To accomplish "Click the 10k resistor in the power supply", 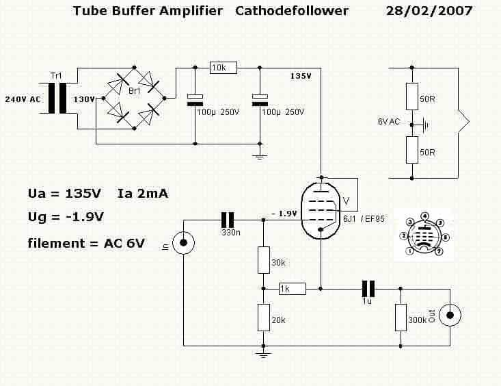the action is pos(224,68).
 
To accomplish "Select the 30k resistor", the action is pos(264,260).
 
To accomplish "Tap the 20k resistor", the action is pos(264,317).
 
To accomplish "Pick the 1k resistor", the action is pos(293,289).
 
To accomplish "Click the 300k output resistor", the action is pos(401,318).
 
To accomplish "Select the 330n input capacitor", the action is pos(228,220).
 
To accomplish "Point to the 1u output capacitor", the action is pos(368,289).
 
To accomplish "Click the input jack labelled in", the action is pos(183,243).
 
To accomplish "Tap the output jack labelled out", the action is pos(450,316).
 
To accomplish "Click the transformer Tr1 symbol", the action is pos(57,99).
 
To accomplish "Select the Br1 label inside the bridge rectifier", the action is pos(135,91).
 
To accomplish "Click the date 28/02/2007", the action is pos(429,11).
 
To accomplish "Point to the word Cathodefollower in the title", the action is pos(292,11).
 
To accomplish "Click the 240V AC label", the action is pos(23,99).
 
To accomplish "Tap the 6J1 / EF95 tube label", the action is pos(364,219).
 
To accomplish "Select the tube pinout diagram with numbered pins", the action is pos(424,234).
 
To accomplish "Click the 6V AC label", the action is pos(389,122).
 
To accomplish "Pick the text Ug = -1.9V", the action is pos(66,217).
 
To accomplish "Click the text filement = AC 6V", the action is pos(86,243).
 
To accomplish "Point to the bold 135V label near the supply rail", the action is pos(301,76).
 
